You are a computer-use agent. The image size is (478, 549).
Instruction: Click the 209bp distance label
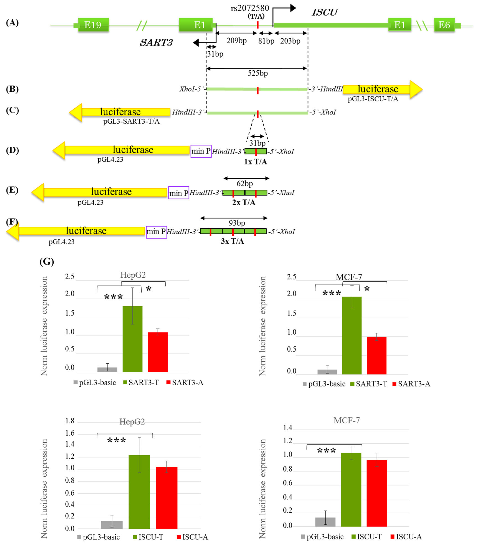(236, 41)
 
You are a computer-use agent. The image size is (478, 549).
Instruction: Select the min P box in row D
(201, 151)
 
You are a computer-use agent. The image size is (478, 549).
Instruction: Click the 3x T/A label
(232, 241)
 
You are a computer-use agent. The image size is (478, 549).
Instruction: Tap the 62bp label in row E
(245, 184)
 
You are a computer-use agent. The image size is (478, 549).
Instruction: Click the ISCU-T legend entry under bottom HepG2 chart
(148, 537)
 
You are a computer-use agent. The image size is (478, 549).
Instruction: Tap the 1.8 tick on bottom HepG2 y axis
(70, 421)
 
